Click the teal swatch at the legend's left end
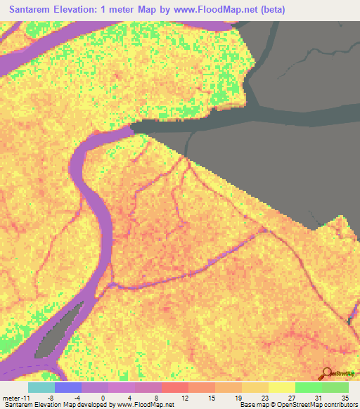coord(41,387)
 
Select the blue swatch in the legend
coord(67,387)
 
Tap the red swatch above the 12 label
coord(174,387)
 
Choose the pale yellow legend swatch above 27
coord(281,387)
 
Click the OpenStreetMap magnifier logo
coord(328,373)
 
